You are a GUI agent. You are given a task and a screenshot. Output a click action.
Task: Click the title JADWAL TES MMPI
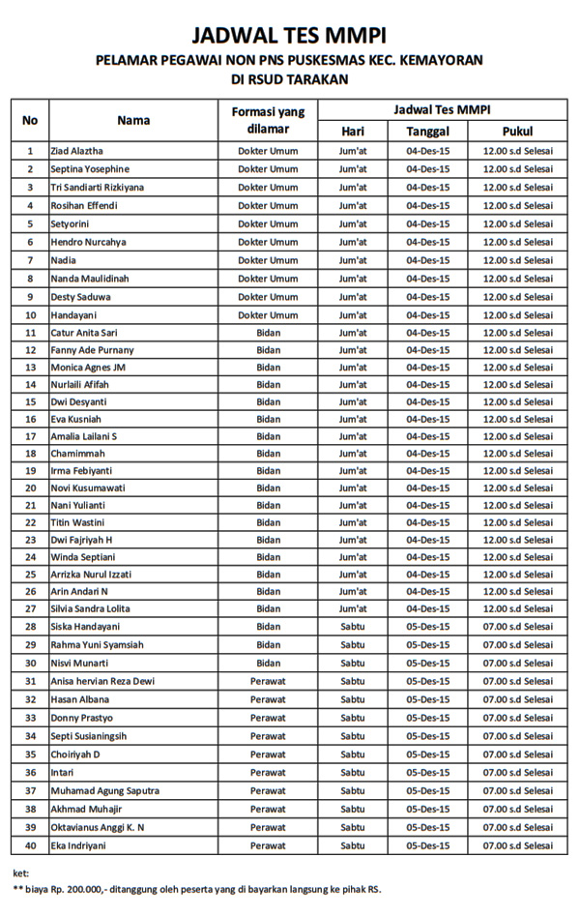point(289,36)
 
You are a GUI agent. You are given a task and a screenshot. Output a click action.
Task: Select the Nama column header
point(133,120)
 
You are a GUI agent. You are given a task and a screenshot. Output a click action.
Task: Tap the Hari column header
point(353,131)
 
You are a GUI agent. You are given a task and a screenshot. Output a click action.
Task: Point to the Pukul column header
point(517,131)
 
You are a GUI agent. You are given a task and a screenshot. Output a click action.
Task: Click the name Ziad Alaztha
point(77,151)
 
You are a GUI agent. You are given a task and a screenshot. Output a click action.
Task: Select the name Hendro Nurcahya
point(88,242)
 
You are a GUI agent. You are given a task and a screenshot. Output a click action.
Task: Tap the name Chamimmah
point(79,453)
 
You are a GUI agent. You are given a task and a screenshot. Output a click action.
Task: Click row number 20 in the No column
point(30,488)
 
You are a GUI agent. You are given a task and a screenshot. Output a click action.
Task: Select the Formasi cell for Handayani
point(268,315)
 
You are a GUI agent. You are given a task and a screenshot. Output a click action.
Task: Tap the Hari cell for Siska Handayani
point(353,627)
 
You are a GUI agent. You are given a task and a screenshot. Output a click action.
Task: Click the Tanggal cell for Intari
point(427,773)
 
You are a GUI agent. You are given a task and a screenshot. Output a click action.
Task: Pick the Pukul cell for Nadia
point(517,260)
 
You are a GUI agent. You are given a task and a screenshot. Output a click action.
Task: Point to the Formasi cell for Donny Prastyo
point(268,718)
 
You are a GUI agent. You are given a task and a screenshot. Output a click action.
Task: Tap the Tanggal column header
point(427,131)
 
